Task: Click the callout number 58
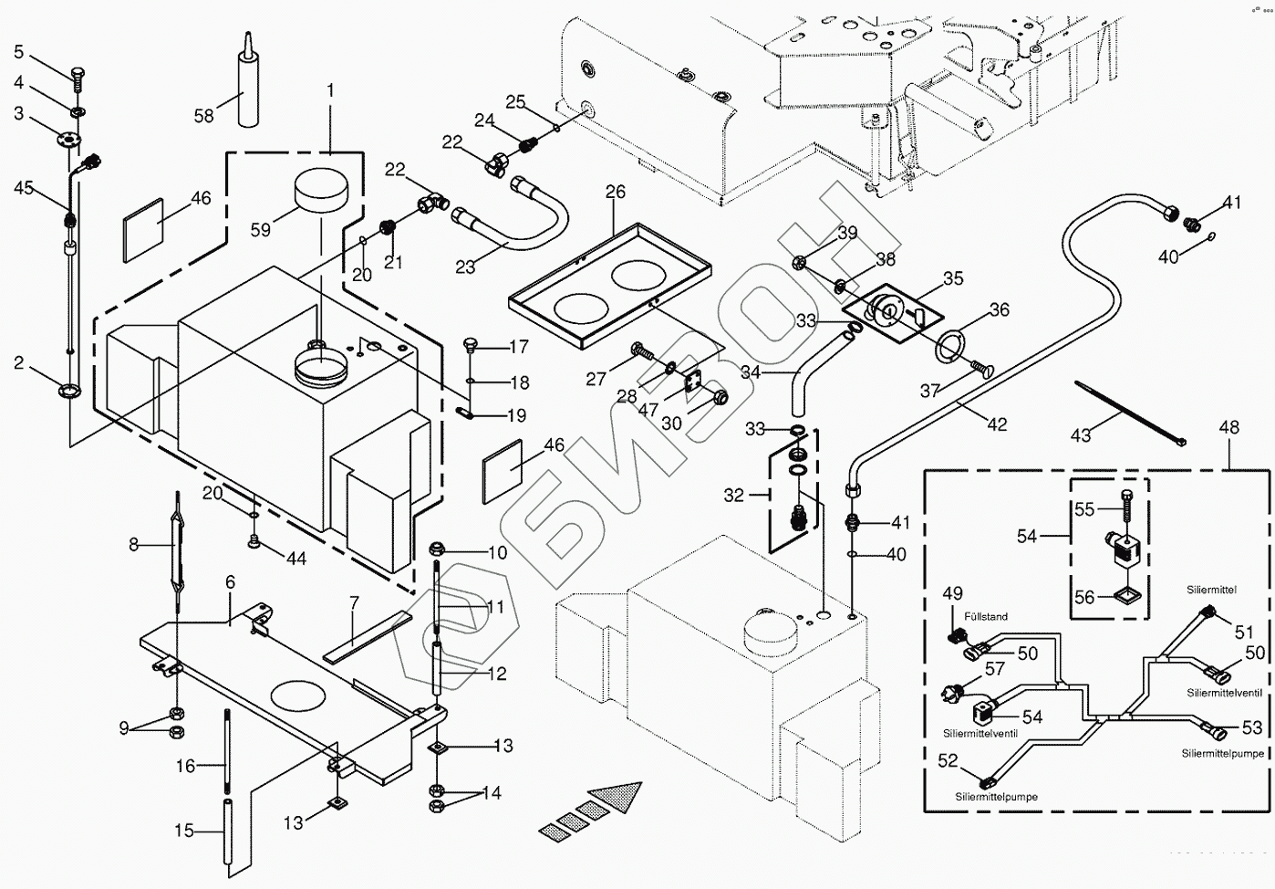point(203,116)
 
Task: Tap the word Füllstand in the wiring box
point(984,617)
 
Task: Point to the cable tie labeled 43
point(1130,413)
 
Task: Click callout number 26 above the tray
point(616,192)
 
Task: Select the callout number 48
point(1228,428)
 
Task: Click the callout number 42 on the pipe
point(997,424)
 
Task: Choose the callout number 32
point(734,496)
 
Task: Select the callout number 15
point(184,831)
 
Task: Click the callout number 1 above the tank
point(330,90)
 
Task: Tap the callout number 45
point(24,188)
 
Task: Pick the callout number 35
point(953,277)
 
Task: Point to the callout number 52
point(948,760)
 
